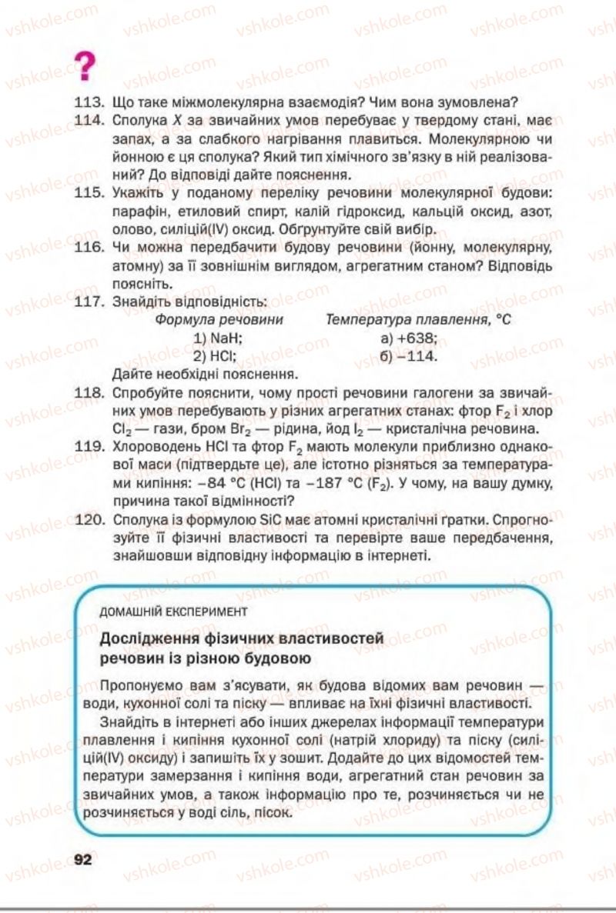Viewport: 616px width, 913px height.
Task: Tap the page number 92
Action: coord(82,859)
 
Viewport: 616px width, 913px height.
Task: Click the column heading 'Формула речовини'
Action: coord(219,320)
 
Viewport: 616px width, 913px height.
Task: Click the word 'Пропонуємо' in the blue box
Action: coord(146,684)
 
